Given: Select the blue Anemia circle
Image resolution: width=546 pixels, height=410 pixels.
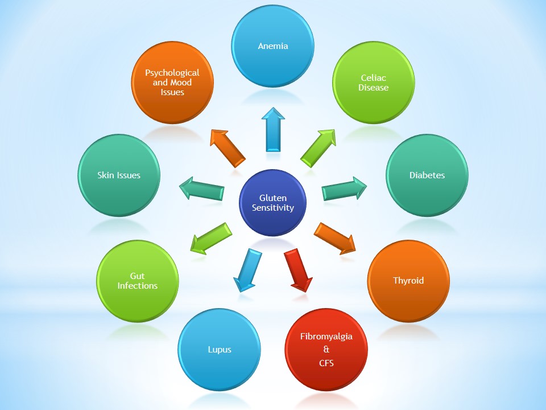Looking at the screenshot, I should (x=273, y=46).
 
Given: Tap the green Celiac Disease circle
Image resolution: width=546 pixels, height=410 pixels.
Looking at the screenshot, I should (x=374, y=83).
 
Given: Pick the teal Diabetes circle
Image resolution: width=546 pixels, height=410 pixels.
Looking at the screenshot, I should (x=427, y=175).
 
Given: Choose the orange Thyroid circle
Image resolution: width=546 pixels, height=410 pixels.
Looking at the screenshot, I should (x=408, y=281).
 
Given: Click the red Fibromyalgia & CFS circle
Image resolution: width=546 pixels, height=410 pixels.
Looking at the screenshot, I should (x=326, y=348).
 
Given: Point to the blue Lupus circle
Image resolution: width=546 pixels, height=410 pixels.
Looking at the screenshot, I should (x=220, y=349).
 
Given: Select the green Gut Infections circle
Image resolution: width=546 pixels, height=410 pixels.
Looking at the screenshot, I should (x=138, y=281).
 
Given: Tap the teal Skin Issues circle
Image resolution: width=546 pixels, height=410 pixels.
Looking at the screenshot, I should (x=119, y=175).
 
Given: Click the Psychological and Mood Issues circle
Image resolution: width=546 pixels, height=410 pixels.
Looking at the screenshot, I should (x=172, y=83).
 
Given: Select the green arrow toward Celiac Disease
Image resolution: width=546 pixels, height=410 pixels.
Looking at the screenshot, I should (x=318, y=147).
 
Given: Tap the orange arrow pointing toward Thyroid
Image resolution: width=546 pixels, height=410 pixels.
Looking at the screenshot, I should (x=335, y=237).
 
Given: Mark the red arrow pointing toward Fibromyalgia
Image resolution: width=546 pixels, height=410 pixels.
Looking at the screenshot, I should (x=299, y=270).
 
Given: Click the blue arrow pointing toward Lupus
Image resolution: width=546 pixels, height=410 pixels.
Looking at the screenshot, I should (x=246, y=270).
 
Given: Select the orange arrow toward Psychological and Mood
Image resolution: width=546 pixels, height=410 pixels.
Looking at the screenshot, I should (x=227, y=147).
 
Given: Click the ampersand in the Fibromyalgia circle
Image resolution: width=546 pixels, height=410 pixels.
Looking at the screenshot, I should (x=326, y=349).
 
